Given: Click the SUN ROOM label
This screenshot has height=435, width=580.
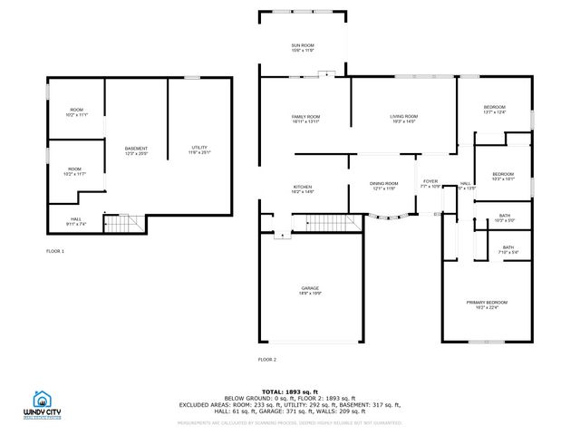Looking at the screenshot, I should coord(302,46).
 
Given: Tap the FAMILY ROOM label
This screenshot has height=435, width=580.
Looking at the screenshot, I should coord(305,118).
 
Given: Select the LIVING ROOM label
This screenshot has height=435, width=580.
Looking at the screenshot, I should coord(403,118).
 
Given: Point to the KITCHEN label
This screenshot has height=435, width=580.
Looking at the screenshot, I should coord(302,188).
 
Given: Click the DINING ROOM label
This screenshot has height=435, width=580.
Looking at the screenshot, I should coord(383,185).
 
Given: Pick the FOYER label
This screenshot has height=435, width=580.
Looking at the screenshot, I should coord(430,183).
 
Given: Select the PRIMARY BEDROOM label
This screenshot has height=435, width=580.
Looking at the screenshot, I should coord(487,304).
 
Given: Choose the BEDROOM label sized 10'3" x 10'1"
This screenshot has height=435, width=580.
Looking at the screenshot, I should coord(503,176).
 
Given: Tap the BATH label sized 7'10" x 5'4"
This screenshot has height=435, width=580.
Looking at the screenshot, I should coord(507,249).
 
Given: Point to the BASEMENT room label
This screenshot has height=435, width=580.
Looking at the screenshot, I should coord(136,150).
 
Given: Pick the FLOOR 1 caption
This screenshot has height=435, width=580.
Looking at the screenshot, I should coord(55,250).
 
